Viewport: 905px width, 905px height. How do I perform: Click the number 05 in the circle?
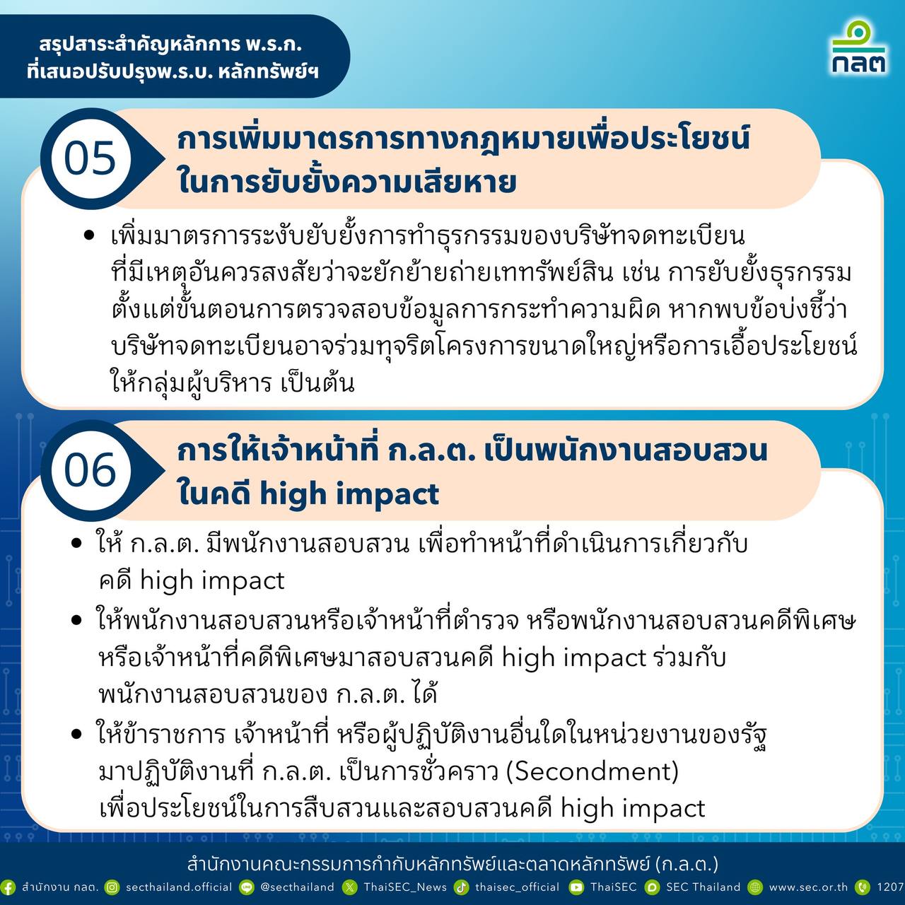pos(90,158)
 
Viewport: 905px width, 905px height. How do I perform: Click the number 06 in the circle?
pos(90,471)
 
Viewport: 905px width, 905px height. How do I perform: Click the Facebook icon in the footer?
pos(8,887)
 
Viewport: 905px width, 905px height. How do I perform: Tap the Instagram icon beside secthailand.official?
pos(112,887)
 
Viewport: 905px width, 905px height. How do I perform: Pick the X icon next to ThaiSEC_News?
pos(349,887)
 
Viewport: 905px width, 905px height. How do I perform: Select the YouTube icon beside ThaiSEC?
pos(576,887)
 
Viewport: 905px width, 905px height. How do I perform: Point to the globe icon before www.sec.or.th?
pos(754,887)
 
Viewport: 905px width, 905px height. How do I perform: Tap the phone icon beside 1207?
pos(863,887)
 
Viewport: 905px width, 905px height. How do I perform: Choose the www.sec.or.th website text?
pos(808,887)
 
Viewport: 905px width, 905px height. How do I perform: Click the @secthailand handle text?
pos(297,887)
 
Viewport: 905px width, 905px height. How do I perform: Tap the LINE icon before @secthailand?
pos(247,887)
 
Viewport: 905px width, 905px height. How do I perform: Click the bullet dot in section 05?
pos(89,235)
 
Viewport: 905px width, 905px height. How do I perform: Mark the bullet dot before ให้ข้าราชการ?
pos(76,734)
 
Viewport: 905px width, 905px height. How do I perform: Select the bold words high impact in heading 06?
pos(349,494)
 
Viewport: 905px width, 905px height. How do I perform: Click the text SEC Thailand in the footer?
pos(703,887)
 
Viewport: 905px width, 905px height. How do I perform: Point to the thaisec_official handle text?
pos(517,887)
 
